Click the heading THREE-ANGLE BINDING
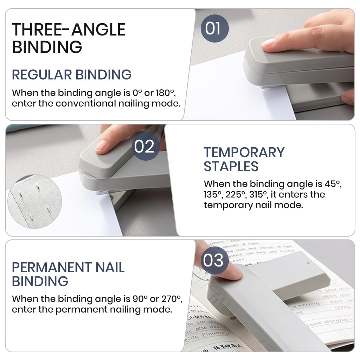(69, 38)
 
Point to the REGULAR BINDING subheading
(72, 75)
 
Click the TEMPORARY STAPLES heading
(244, 159)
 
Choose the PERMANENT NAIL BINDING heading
(68, 274)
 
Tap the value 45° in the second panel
(333, 184)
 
